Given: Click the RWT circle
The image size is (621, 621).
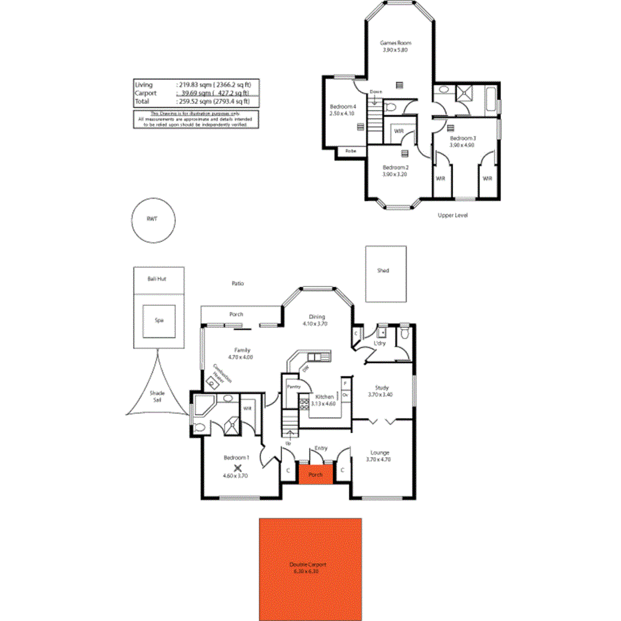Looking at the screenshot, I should tap(154, 221).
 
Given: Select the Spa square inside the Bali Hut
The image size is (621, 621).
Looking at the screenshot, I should tap(159, 320).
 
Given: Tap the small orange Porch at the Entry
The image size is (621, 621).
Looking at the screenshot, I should tap(315, 474).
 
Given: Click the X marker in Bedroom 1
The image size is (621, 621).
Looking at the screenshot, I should tap(237, 468).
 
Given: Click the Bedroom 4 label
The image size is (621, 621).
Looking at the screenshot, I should tap(343, 107).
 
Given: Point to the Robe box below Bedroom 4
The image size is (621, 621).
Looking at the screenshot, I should tap(350, 151).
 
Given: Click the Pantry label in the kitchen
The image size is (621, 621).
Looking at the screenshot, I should tap(293, 386).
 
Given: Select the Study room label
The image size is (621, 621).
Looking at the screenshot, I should tap(382, 387).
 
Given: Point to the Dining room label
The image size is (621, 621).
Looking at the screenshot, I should tap(316, 317).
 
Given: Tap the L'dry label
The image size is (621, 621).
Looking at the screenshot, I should tap(380, 343).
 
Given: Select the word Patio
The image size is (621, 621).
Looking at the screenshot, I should tap(237, 283).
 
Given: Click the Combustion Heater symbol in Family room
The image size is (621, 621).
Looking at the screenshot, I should tap(213, 383).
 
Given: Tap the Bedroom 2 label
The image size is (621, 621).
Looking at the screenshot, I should tap(394, 167).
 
